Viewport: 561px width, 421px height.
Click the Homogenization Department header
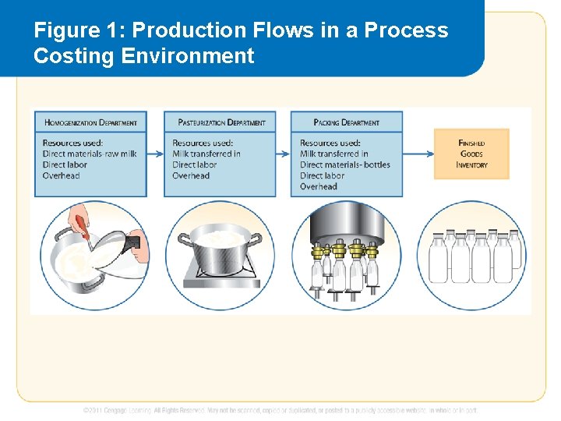tap(90, 122)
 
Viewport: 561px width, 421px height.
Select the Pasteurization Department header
tap(221, 122)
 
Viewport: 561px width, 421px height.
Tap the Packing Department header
tap(347, 122)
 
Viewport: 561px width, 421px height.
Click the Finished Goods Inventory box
tap(471, 154)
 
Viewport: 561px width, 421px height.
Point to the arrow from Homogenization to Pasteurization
tap(155, 154)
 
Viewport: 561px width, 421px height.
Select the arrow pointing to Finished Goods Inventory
tap(418, 154)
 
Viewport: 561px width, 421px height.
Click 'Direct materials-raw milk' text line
tap(90, 154)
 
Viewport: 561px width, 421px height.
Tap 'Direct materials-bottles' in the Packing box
tap(345, 165)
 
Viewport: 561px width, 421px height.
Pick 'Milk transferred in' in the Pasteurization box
tap(206, 154)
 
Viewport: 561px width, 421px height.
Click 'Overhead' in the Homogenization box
tap(61, 176)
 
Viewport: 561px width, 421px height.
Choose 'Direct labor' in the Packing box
tap(323, 176)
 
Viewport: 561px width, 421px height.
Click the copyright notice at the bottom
tap(280, 410)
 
